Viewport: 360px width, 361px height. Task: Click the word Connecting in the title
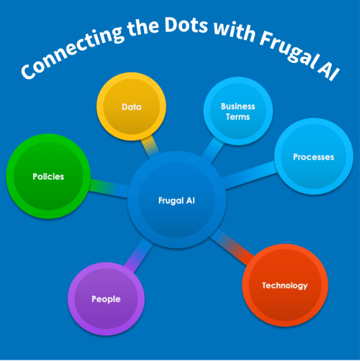72,52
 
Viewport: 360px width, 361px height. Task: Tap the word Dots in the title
186,24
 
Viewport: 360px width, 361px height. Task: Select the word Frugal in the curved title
287,50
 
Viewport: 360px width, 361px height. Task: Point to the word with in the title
234,31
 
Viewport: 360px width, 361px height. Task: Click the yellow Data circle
131,107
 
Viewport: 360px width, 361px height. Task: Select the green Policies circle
48,176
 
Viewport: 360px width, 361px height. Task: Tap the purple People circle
106,299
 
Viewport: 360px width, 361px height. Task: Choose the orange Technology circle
285,286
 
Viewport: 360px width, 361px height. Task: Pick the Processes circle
313,157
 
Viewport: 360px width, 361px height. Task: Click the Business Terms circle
238,111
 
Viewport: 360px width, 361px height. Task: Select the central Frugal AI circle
177,200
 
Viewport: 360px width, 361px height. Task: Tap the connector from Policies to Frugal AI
109,188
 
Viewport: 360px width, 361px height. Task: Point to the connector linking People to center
139,255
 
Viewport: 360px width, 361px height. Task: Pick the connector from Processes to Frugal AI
250,175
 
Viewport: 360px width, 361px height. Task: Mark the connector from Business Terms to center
212,150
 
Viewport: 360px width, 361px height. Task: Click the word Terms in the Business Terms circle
238,117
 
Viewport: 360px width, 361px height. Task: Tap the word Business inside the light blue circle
238,107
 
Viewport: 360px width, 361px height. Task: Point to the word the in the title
143,30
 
